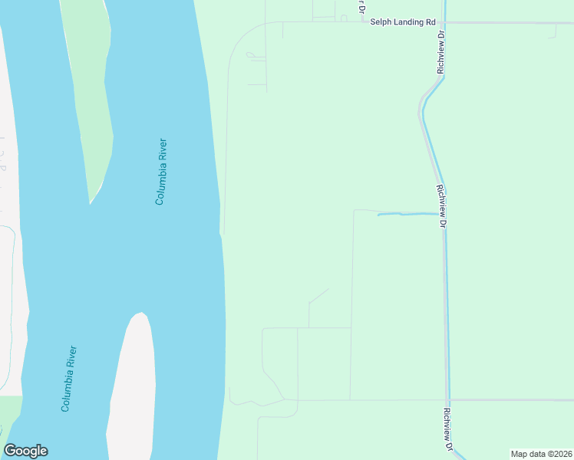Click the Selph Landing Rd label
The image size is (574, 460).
point(402,22)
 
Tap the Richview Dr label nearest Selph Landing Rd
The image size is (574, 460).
point(440,52)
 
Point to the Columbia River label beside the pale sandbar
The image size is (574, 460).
point(69,379)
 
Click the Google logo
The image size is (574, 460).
point(25,451)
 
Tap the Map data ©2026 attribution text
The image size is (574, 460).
point(541,454)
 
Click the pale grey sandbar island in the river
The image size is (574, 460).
point(132,391)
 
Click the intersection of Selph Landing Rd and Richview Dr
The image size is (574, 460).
point(444,23)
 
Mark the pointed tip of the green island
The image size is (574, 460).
point(91,202)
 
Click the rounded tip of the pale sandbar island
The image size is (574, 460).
point(139,315)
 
